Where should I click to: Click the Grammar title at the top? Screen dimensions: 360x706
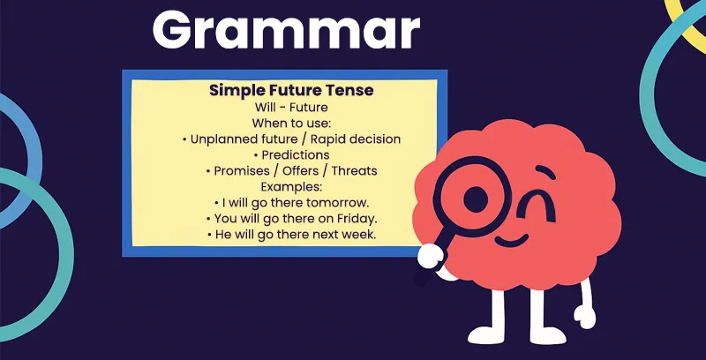[286, 32]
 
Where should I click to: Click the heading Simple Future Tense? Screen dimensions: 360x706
[290, 90]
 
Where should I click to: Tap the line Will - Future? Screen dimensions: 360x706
[290, 108]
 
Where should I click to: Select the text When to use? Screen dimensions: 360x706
[290, 123]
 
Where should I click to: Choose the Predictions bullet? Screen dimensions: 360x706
[290, 154]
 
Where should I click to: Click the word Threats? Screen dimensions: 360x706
[355, 170]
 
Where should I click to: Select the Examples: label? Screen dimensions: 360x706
[290, 186]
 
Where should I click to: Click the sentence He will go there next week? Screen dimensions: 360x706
[290, 235]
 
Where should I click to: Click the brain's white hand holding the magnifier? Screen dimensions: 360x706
[431, 256]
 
